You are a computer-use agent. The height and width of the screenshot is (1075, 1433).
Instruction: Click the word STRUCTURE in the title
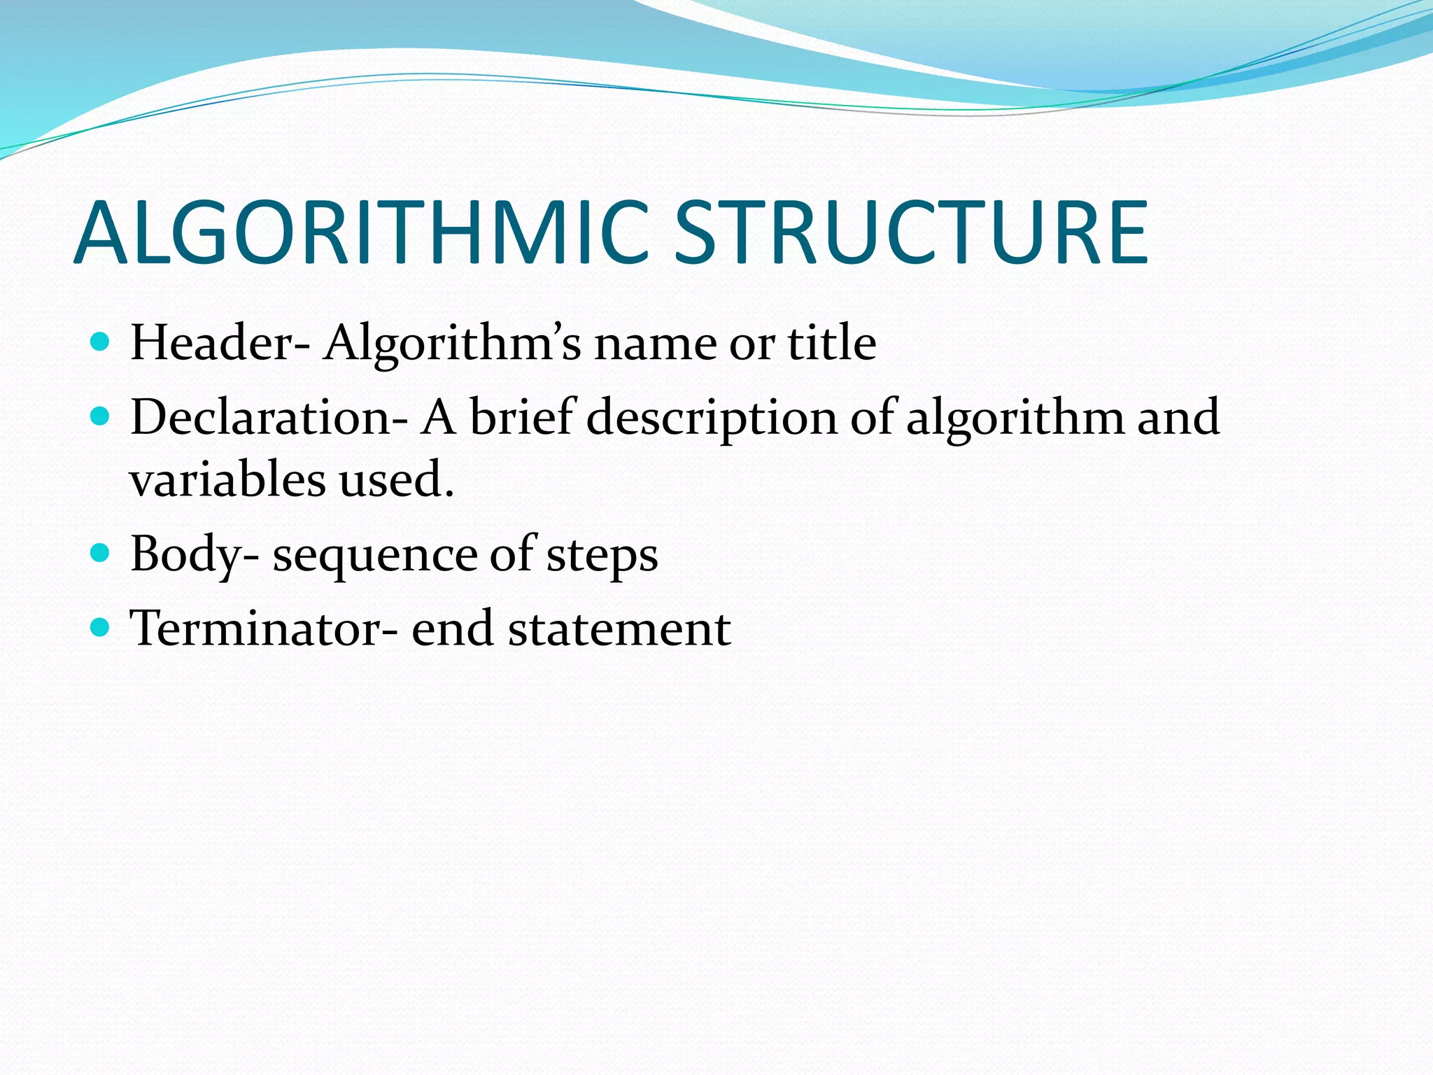tap(910, 233)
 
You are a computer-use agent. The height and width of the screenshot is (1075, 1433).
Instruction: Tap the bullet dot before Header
tap(101, 342)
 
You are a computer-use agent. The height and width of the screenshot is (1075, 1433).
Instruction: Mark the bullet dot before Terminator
tap(101, 627)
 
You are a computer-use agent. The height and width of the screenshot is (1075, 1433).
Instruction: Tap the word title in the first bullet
tap(832, 343)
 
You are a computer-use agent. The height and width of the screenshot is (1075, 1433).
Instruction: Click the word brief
tap(522, 418)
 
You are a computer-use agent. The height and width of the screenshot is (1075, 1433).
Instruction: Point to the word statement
tap(619, 629)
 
